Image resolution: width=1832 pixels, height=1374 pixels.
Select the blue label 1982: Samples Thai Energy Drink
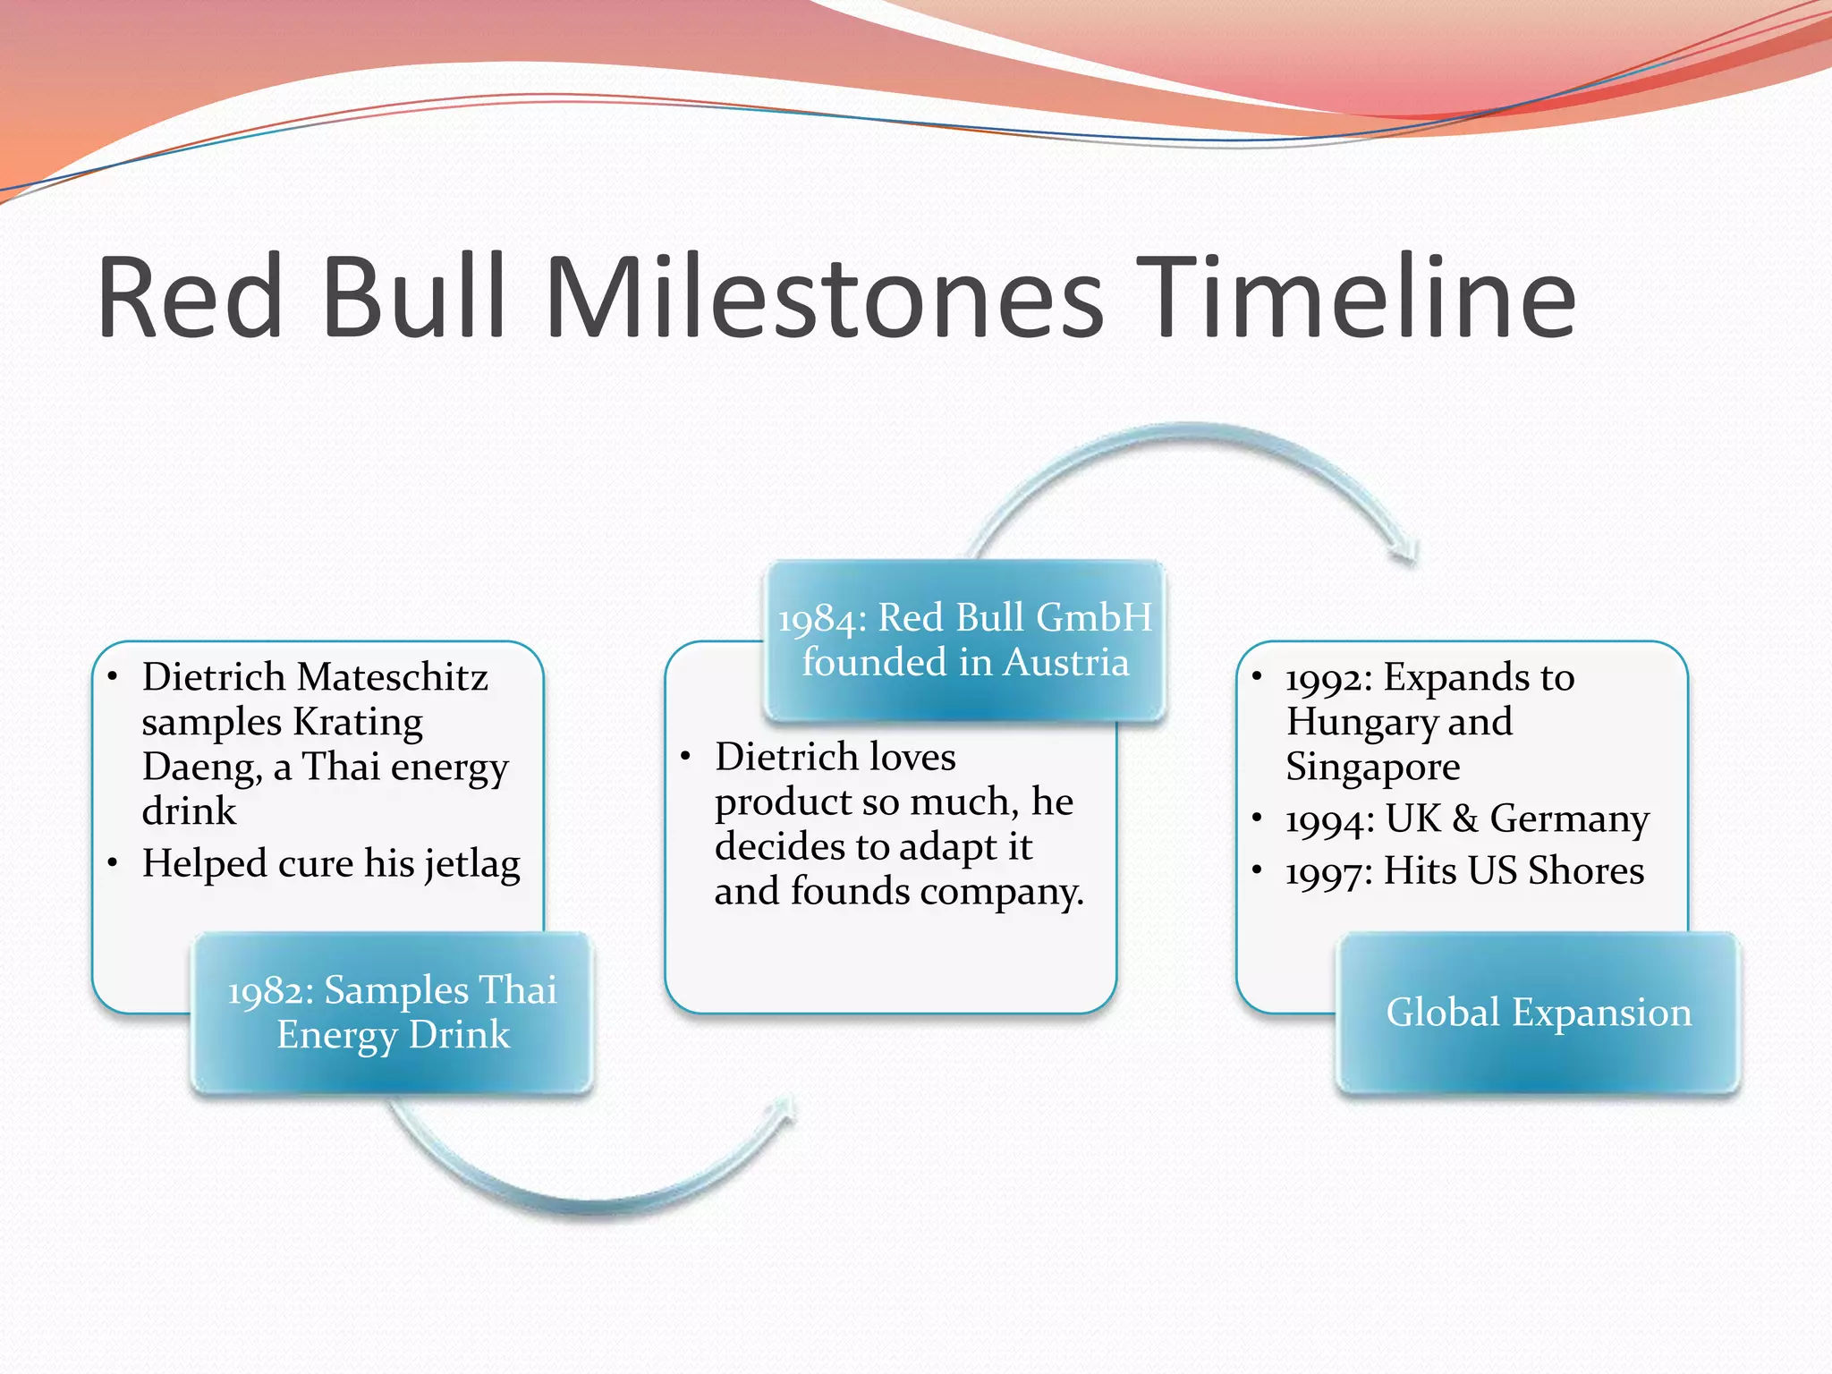pos(392,1013)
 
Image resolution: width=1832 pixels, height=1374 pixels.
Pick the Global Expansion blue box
pos(1538,1013)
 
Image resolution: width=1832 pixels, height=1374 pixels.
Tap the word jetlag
pos(471,865)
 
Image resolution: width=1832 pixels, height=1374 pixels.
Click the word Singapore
pos(1372,767)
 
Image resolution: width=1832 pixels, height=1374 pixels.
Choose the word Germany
pos(1569,819)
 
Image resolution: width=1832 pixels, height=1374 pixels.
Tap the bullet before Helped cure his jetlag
pos(113,863)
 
